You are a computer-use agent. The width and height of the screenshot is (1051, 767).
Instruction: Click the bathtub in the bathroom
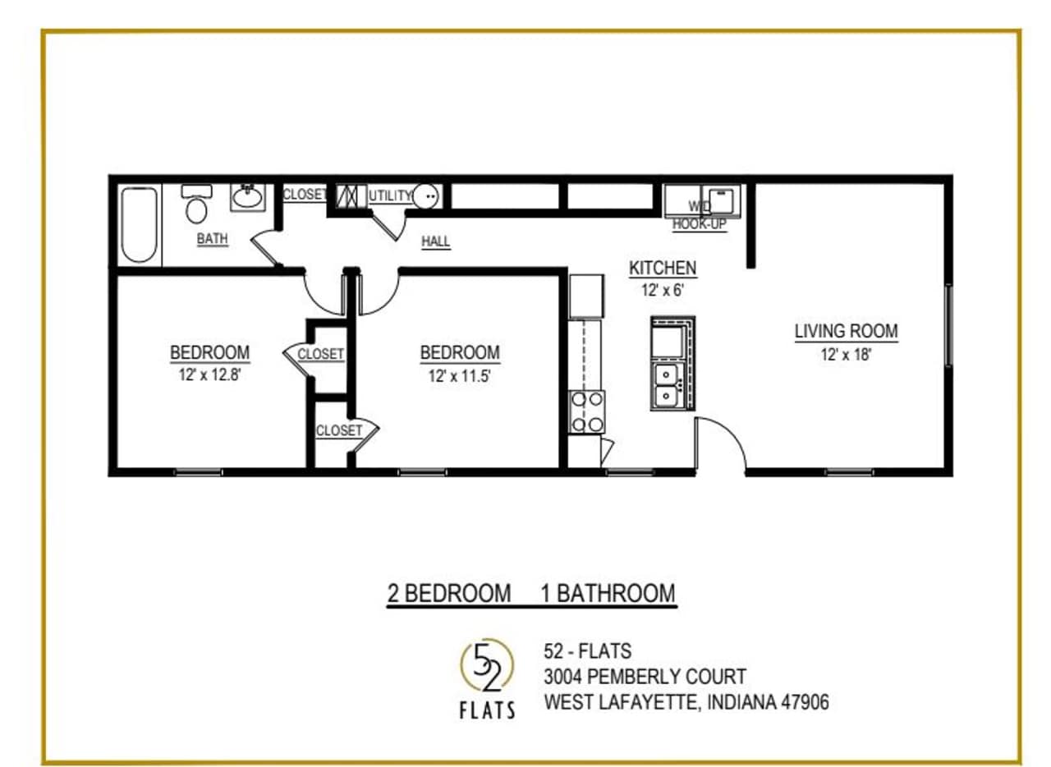coord(139,225)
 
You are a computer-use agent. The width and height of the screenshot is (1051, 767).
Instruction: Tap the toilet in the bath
coord(196,205)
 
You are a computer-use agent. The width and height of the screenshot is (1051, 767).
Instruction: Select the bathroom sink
coord(246,197)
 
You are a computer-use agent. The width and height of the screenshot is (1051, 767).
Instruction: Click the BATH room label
coord(212,239)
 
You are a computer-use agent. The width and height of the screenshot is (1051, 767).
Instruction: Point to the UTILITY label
coord(390,195)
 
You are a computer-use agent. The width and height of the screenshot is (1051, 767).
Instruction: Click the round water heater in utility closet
coord(426,196)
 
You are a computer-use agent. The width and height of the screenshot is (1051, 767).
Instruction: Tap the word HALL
coord(435,241)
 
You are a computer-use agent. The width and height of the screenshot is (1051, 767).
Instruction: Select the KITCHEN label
coord(663,268)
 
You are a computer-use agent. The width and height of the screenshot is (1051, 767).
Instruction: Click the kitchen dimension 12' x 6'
coord(663,289)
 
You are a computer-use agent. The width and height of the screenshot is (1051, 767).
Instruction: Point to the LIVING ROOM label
coord(846,332)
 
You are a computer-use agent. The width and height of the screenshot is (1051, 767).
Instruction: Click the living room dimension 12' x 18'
coord(846,355)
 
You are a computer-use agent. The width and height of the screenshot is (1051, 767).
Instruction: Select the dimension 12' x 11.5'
coord(460,376)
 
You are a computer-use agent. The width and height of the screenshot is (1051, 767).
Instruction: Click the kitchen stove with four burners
coord(588,412)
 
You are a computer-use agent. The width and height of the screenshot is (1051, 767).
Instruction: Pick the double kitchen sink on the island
coord(667,386)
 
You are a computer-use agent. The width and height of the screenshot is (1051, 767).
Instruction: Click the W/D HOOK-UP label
coord(700,216)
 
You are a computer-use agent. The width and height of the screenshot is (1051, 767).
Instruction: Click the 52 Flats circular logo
coord(487,665)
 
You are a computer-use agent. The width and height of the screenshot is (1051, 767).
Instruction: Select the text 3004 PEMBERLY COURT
coord(645,677)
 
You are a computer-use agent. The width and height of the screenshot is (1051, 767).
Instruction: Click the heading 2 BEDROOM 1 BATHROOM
coord(531,593)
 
